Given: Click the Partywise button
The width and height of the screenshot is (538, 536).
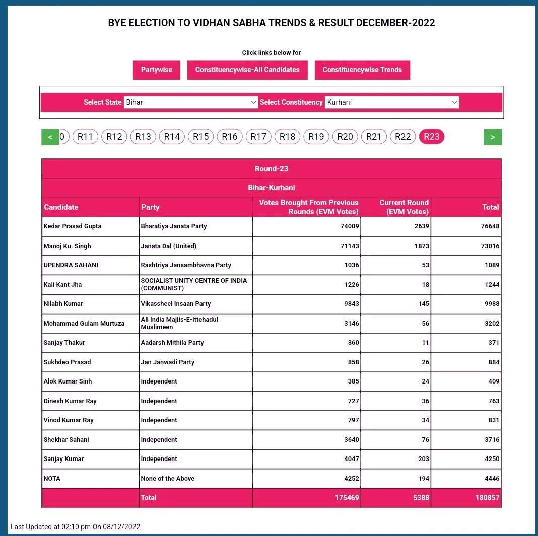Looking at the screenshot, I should coord(156,70).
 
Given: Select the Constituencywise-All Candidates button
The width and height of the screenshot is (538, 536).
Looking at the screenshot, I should coord(247,70).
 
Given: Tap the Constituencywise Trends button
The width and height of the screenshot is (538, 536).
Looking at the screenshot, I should coord(362,70).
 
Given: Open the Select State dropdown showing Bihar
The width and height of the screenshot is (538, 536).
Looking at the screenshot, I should coord(191,102).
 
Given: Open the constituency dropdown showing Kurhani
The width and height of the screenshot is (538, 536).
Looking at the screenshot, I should coord(391,102).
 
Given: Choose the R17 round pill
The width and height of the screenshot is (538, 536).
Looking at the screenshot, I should coord(258,137).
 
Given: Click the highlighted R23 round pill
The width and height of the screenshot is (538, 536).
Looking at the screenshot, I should coord(431,137).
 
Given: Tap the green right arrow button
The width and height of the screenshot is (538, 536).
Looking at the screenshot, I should coord(492,137).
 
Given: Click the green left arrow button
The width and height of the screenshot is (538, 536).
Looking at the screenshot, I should coord(50,137).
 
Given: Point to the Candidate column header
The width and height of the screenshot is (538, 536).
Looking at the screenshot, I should coord(61,207).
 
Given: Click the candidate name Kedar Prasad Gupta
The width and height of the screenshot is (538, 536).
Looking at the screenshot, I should coord(73,226).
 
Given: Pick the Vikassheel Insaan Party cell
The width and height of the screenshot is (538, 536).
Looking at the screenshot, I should coord(176,304).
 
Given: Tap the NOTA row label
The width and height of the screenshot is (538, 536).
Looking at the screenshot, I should coord(52,479).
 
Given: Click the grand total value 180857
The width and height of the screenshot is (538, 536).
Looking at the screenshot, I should coord(488,498).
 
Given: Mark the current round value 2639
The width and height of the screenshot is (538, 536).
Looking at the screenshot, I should coord(421,226).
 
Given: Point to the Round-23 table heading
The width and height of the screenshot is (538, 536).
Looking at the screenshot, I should coord(272,169).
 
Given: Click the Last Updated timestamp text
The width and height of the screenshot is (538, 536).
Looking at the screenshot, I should coord(76,527).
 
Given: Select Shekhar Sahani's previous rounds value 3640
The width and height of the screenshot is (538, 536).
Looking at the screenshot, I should coord(349,440).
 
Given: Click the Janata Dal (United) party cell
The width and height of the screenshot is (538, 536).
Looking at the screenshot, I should coord(169,246).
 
